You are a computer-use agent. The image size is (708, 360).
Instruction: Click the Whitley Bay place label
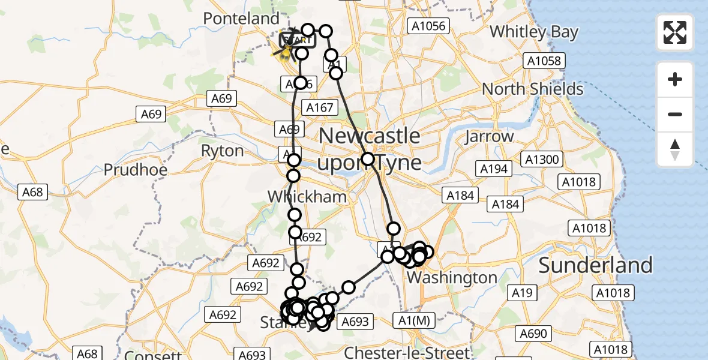[534, 32]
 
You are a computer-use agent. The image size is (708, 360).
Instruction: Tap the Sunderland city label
[595, 265]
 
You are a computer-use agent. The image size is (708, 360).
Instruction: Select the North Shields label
[533, 89]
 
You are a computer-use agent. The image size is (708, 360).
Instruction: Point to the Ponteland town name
[241, 19]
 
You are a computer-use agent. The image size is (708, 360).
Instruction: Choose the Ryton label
[223, 151]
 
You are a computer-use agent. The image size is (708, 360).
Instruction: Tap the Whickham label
[307, 197]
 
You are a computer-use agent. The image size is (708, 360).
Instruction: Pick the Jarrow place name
[489, 136]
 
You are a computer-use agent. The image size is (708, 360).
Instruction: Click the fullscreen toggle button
[675, 32]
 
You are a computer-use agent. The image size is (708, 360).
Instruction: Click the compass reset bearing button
[675, 149]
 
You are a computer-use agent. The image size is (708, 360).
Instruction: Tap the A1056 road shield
[427, 25]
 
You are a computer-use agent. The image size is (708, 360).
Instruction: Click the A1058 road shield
[542, 61]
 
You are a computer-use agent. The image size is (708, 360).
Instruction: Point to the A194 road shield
[494, 169]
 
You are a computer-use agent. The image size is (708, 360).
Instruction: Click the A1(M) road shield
[413, 321]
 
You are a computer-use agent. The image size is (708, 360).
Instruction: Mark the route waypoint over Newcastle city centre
[368, 160]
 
